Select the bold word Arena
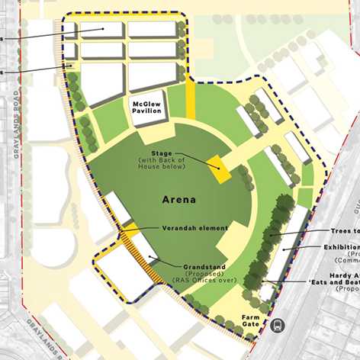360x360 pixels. coord(179,201)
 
